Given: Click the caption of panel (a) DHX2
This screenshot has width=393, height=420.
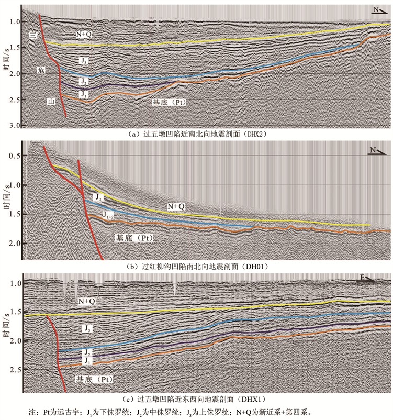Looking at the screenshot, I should point(196,134).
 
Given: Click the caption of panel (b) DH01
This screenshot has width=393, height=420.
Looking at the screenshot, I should point(196,266).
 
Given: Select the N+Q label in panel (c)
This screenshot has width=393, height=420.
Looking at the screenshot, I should point(86,301).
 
